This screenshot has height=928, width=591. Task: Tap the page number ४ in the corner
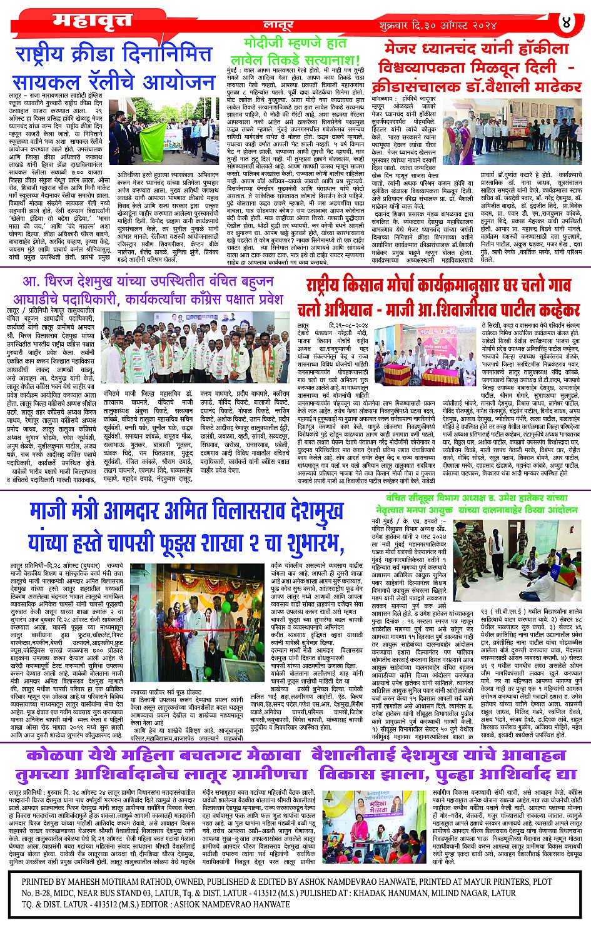pyautogui.click(x=567, y=23)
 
